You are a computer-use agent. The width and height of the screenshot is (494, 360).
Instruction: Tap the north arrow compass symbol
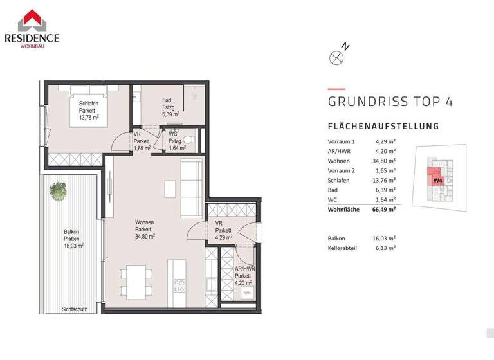[336, 57]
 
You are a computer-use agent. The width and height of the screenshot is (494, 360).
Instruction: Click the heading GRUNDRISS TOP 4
[390, 102]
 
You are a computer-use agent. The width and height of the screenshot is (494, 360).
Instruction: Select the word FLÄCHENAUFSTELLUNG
[383, 127]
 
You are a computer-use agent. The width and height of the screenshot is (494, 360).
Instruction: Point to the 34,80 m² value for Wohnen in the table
[385, 160]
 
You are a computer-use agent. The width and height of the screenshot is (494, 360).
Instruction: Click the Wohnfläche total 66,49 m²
[385, 209]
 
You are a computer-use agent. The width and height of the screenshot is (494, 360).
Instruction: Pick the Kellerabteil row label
[343, 247]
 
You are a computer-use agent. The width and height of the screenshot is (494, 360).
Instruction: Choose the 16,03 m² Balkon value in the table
[385, 237]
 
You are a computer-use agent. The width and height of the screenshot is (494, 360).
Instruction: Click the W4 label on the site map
[437, 181]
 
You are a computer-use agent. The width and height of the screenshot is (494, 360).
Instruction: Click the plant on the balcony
[59, 190]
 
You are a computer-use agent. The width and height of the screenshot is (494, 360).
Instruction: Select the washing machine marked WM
[246, 292]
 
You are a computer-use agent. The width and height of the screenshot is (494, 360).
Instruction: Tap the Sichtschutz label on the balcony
[74, 309]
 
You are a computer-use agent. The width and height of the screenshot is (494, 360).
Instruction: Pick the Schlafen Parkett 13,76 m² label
[89, 111]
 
